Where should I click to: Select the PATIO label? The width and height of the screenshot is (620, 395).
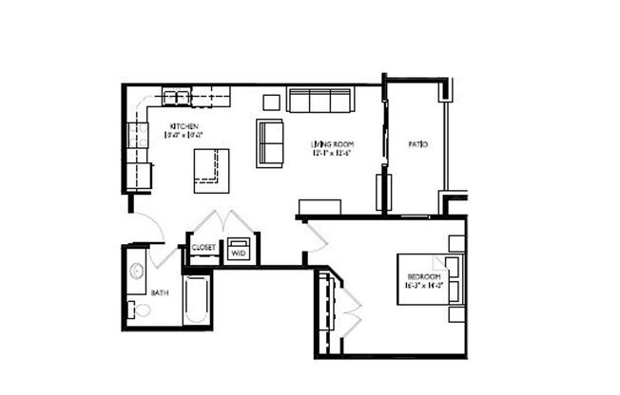point(417,144)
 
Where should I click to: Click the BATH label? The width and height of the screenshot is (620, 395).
point(159,292)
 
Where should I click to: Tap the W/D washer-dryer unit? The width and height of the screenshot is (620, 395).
point(238,252)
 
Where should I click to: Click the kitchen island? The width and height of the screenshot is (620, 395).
point(211,170)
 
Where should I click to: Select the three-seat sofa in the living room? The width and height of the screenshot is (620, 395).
point(320,100)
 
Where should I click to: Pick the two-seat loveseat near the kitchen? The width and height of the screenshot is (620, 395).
point(270,143)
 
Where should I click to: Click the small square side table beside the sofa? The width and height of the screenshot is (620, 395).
point(271,102)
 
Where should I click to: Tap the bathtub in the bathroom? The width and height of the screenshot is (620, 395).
point(197,301)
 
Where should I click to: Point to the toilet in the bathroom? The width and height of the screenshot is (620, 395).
point(141,309)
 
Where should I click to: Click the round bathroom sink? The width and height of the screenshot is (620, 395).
point(134,270)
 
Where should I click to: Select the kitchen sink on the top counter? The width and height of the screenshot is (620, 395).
point(176,96)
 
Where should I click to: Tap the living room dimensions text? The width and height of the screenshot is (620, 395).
point(325,153)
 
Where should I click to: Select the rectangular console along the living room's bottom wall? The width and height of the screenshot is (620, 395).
point(320,207)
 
